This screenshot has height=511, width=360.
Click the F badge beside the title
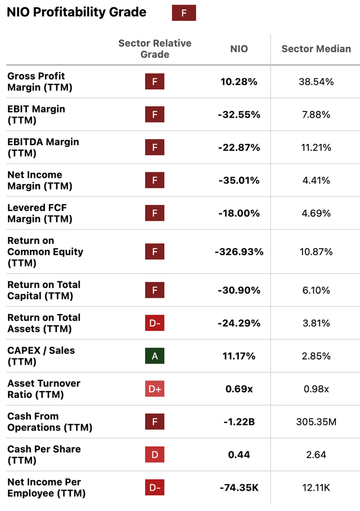coord(183,12)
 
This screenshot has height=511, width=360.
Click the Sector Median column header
coord(316,49)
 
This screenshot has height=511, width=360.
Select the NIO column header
coord(238,49)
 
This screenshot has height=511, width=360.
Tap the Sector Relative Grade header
coord(155,49)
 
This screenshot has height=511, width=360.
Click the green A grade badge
coord(155,356)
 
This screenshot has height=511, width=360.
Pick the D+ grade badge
coord(155,389)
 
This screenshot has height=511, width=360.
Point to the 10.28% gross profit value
coord(238,82)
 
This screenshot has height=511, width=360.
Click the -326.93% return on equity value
coord(238,252)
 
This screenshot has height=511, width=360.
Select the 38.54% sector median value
coord(316,82)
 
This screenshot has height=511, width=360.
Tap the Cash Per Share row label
coord(44,455)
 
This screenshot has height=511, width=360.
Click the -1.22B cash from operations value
coord(238,422)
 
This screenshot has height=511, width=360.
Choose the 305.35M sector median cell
coord(316,422)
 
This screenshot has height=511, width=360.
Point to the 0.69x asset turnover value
coord(238,389)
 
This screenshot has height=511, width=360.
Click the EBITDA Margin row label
coord(43,147)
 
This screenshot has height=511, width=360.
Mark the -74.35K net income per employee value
coord(238,487)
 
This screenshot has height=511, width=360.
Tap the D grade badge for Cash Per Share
coord(155,455)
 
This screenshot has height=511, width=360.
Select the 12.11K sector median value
coord(316,487)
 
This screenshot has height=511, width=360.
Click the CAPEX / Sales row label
coord(41,356)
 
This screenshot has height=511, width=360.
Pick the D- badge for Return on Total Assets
coord(155,323)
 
